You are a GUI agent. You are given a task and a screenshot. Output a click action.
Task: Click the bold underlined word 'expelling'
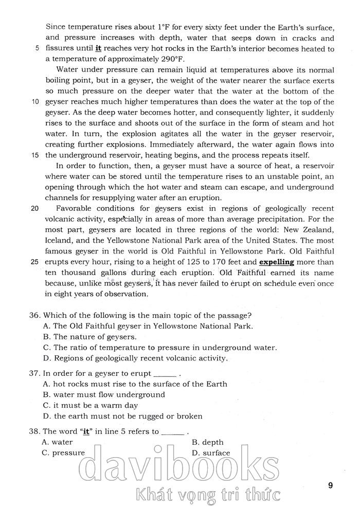click(x=276, y=262)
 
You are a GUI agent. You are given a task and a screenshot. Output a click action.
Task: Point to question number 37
click(x=35, y=373)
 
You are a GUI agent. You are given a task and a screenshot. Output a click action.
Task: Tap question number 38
click(x=35, y=431)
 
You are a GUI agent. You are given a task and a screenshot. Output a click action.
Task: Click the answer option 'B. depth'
click(x=207, y=442)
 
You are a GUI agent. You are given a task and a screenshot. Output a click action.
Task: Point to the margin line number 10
click(x=34, y=102)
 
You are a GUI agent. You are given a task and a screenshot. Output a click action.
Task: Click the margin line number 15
click(x=34, y=155)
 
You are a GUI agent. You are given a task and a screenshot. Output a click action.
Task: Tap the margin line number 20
click(x=34, y=208)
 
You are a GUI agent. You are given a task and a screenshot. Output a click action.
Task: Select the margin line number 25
click(x=34, y=262)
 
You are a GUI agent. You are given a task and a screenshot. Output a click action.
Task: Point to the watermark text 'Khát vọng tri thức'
click(x=208, y=495)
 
